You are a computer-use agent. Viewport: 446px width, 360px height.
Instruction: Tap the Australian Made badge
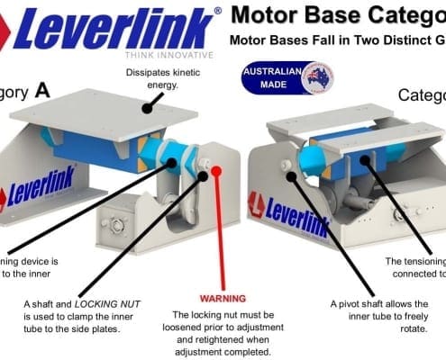coord(288,77)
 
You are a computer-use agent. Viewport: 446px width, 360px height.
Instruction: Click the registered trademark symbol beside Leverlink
coord(217,12)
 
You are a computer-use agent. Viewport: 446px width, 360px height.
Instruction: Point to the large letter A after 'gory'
coord(43,90)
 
